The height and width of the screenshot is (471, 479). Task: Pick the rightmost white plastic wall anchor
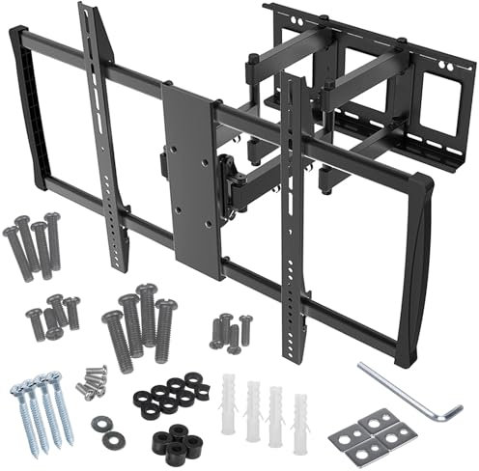300,422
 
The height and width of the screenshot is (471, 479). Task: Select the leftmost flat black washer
101,424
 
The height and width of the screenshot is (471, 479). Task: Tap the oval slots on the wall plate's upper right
446,66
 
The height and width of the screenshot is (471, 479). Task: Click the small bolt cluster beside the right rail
229,330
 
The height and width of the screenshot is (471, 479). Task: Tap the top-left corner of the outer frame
16,34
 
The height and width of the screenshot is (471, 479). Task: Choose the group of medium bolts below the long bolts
53,316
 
